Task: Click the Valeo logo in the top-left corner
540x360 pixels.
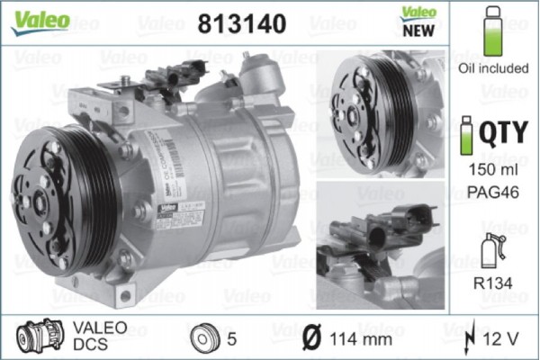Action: pos(40,20)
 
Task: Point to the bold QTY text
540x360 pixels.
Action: pos(503,133)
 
